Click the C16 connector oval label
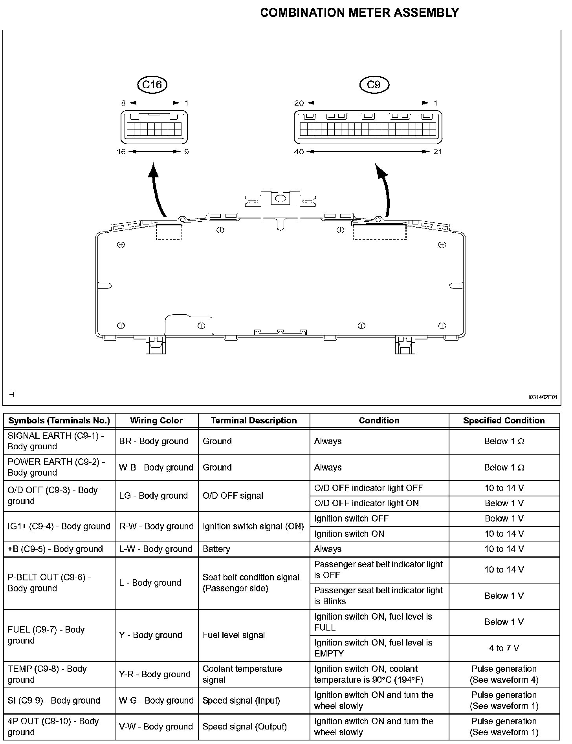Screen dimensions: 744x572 (152, 84)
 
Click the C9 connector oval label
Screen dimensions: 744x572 (374, 84)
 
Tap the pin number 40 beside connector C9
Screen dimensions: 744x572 (299, 152)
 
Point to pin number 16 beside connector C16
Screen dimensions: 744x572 (121, 152)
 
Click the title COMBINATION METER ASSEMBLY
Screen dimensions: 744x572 (359, 13)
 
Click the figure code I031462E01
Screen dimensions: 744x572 (543, 397)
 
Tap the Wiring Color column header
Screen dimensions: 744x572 (156, 421)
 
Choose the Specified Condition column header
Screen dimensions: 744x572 (504, 421)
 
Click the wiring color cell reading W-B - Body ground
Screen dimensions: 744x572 (156, 467)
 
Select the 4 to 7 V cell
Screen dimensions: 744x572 (504, 648)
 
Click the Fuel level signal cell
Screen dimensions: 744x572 (234, 635)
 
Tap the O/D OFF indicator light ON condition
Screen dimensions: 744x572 (367, 503)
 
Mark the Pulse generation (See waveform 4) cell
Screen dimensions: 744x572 (504, 674)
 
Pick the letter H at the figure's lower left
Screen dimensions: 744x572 (12, 394)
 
